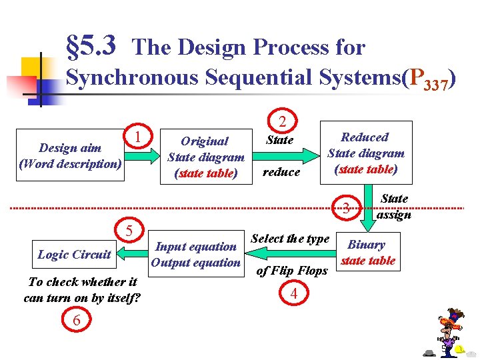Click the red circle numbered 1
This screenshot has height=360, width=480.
pos(137,137)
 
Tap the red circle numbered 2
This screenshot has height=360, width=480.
pos(282,121)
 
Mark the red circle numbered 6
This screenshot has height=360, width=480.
pos(77,321)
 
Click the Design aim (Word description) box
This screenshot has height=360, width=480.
pos(70,155)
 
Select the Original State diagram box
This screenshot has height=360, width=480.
pos(205,157)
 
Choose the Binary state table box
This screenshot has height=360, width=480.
pos(368,253)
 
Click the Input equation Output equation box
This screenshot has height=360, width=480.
pos(195,254)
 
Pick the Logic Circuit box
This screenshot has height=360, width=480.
pos(74,254)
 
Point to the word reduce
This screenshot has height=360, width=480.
pos(281,172)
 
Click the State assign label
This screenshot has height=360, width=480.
pos(395,207)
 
